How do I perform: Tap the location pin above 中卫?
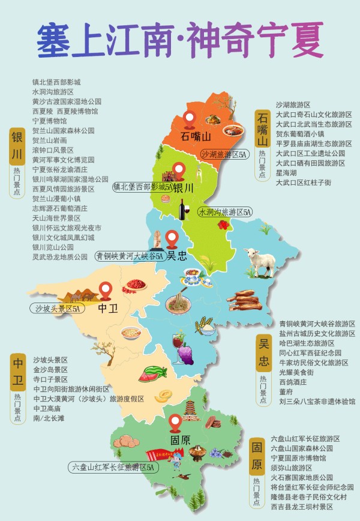[x=107, y=292]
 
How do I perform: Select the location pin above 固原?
[x=175, y=422]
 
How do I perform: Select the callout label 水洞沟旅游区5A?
[x=225, y=212]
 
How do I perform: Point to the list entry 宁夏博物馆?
[x=50, y=121]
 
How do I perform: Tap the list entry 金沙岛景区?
[x=50, y=370]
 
